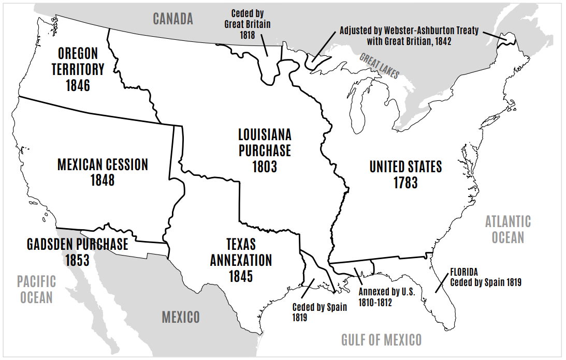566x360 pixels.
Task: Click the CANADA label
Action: [x=173, y=19]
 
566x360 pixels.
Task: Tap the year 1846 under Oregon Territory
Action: [x=78, y=85]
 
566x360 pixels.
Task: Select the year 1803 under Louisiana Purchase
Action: [x=265, y=167]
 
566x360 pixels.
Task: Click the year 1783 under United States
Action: [x=405, y=183]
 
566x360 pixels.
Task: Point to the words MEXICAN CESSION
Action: [x=103, y=165]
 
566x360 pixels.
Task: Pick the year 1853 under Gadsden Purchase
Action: [x=77, y=260]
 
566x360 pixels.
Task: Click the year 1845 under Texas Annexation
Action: [x=241, y=276]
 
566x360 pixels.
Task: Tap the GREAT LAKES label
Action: [x=380, y=66]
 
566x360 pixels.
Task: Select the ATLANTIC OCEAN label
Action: [x=507, y=230]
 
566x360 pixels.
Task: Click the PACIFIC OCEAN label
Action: [x=36, y=290]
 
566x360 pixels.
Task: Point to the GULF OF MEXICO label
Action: [x=381, y=340]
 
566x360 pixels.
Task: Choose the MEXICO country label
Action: [x=181, y=317]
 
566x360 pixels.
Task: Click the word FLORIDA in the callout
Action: [x=464, y=272]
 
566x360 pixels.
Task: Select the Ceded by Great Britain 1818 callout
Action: [x=247, y=23]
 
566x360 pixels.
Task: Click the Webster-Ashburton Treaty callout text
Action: [x=409, y=36]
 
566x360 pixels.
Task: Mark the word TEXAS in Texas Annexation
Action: [x=241, y=244]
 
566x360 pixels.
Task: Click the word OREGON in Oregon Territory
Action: [x=78, y=53]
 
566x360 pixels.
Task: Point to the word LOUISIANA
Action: [x=265, y=135]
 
